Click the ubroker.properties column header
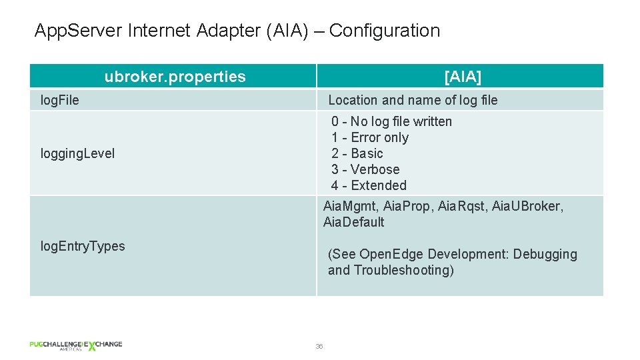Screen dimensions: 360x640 click(175, 77)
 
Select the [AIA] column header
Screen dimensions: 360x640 click(462, 77)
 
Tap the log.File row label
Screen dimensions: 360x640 click(60, 100)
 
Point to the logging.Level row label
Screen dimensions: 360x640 click(77, 153)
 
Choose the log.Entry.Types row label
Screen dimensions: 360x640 click(83, 246)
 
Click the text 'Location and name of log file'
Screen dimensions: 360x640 click(413, 100)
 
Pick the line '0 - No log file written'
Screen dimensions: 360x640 click(391, 121)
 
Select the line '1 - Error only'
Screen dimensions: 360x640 click(370, 137)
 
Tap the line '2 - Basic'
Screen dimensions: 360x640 click(357, 153)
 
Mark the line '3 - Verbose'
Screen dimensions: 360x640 click(365, 169)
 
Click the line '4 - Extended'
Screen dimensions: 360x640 click(369, 185)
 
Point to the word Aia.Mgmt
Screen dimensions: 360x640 click(351, 206)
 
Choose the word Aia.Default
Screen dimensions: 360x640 click(353, 222)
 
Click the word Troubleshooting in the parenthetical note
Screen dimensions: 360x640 click(404, 270)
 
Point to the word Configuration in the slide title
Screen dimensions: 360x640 click(385, 31)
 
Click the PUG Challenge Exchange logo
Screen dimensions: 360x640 click(75, 345)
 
